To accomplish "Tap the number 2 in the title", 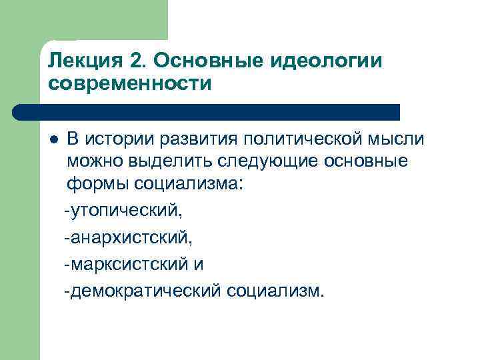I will [x=137, y=62].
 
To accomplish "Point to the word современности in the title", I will [x=131, y=85].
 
